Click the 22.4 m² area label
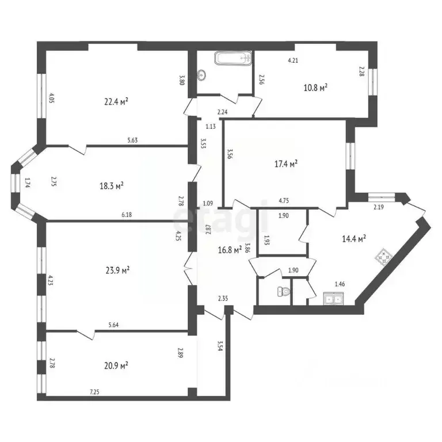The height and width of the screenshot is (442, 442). pyautogui.click(x=116, y=101)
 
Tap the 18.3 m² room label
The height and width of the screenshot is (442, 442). pyautogui.click(x=112, y=186)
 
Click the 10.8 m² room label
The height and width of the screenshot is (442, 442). pyautogui.click(x=315, y=87)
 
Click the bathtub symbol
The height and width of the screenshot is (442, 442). pyautogui.click(x=233, y=58)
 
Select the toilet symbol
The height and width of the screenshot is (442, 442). pyautogui.click(x=282, y=292)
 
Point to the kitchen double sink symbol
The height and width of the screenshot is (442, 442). pyautogui.click(x=334, y=298)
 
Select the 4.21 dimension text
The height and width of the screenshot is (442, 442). pyautogui.click(x=294, y=60)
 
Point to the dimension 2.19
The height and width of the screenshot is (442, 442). pyautogui.click(x=379, y=207)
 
